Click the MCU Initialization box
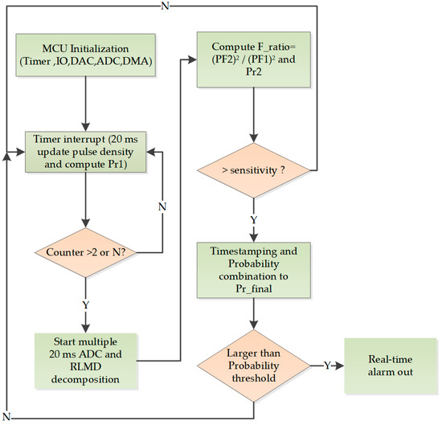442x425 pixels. pos(85,55)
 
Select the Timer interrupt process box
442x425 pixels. pos(86,152)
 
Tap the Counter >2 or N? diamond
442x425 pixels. pos(86,252)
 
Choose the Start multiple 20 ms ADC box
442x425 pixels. pos(86,361)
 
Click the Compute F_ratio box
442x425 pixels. pos(254,59)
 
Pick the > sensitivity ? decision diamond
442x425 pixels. pos(254,170)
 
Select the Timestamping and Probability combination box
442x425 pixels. pos(254,270)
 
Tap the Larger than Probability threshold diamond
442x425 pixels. pos(254,366)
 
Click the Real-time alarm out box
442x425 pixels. pos(391,366)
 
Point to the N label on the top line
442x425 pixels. pos(165,6)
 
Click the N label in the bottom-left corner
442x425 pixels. pos(6,416)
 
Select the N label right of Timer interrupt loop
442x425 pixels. pos(162,206)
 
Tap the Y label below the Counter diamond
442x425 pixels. pos(86,305)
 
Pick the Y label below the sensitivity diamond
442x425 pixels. pos(254,220)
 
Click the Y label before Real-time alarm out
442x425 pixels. pos(327,366)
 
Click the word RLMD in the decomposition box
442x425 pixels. pos(85,367)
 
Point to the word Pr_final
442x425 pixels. pos(254,288)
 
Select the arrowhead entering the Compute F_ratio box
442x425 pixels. pos(193,59)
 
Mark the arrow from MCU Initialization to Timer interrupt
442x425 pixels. pos(86,104)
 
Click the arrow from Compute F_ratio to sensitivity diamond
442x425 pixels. pos(254,115)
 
